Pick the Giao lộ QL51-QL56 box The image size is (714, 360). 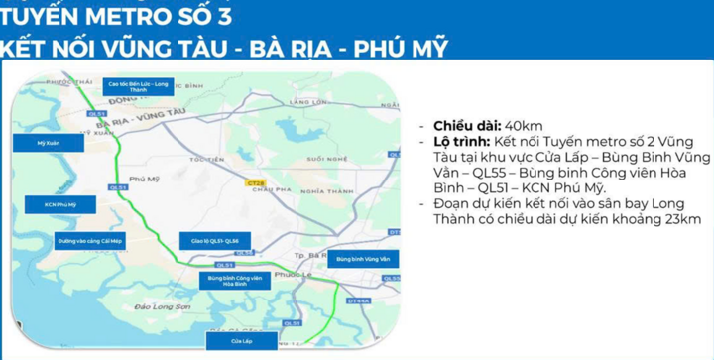pyautogui.click(x=208, y=241)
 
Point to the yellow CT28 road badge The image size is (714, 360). pyautogui.click(x=255, y=182)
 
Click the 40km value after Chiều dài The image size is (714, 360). pyautogui.click(x=524, y=126)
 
